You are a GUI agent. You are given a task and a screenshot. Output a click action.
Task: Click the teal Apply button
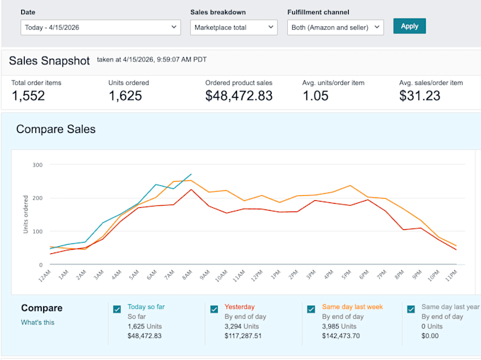point(410,26)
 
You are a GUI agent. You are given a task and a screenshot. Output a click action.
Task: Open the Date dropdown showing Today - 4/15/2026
point(100,28)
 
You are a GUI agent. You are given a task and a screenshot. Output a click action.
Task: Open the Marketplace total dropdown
point(233,28)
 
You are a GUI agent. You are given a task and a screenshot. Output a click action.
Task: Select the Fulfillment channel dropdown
point(335,28)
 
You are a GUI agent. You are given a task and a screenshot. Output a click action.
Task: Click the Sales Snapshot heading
point(49,61)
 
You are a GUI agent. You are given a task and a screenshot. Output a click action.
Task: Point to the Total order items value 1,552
point(28,95)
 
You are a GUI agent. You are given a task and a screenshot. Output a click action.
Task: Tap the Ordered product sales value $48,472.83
point(238,95)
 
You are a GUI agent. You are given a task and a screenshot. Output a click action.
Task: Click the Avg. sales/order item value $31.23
point(419,95)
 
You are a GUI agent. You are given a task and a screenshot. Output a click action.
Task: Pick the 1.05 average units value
point(315,95)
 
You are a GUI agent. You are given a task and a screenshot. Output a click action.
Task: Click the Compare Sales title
point(56,129)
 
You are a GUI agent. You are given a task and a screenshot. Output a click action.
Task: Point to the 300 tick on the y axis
point(37,165)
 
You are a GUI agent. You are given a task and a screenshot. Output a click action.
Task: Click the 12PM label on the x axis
point(257,275)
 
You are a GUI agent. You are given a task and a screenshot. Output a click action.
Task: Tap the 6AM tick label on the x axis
point(152,274)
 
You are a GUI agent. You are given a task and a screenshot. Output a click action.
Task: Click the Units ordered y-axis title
point(25,214)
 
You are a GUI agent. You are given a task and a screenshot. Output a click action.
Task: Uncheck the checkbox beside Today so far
point(117,309)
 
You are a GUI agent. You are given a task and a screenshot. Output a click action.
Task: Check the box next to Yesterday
point(214,309)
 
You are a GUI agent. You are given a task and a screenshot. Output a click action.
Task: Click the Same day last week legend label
point(352,307)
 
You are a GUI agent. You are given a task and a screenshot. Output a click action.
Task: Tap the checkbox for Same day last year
point(411,309)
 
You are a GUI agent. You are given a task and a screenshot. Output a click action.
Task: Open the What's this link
point(37,323)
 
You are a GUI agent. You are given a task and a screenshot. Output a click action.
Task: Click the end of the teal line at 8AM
point(191,174)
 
